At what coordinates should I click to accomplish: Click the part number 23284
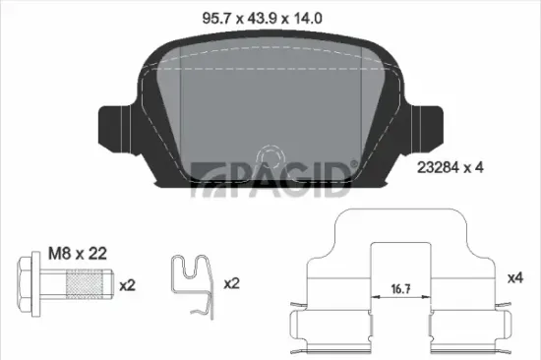pos(437,168)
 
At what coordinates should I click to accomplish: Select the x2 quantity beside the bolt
pos(126,284)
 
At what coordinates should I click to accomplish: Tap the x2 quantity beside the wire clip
pos(232,284)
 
